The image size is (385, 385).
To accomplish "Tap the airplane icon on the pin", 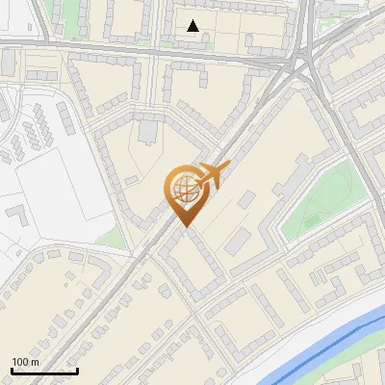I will click(x=213, y=174).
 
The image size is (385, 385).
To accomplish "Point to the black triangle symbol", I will click(x=193, y=26).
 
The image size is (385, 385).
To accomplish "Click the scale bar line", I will click(x=44, y=371).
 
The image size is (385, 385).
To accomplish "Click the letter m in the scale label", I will click(x=35, y=361).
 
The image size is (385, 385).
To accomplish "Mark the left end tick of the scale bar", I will click(x=12, y=370).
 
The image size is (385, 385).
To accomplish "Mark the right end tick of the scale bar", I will click(x=77, y=370).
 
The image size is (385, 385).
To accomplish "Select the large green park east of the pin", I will click(x=322, y=197).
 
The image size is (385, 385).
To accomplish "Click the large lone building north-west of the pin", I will click(x=151, y=129).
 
